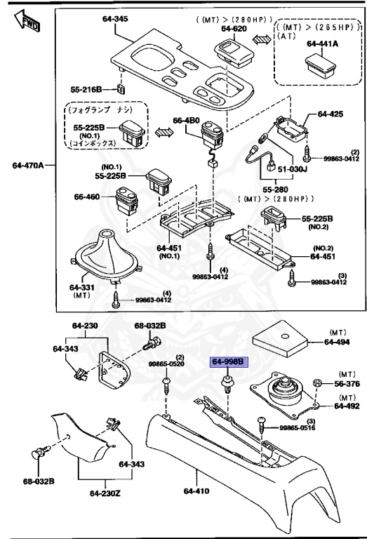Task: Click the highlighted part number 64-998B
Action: point(228,362)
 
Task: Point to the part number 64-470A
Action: point(28,166)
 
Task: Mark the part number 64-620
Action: point(235,29)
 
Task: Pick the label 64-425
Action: point(331,113)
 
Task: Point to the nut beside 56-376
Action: point(316,382)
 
